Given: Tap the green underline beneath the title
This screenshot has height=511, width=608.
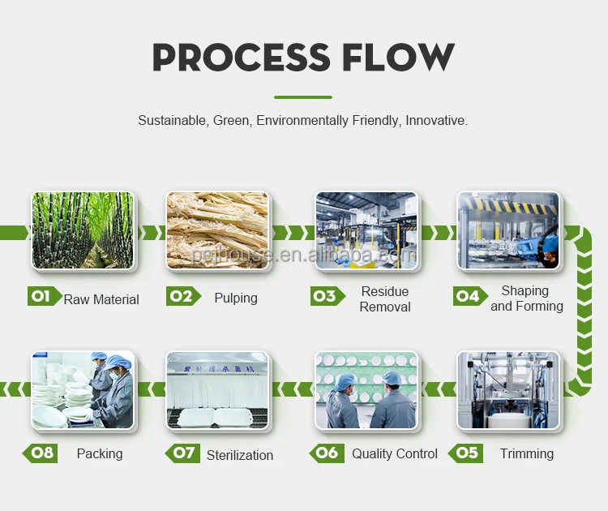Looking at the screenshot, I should (303, 97).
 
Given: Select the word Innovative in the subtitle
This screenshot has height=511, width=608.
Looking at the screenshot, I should (435, 120).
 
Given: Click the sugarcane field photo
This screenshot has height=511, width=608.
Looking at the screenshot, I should (83, 230).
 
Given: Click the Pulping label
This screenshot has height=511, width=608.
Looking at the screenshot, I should (236, 298).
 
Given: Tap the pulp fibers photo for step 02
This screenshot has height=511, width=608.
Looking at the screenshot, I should (217, 230).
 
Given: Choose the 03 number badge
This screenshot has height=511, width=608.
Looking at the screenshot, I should (325, 296).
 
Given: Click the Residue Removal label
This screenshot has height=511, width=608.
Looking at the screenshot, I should (385, 298).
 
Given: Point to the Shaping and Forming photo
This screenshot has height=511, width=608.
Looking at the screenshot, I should (508, 230).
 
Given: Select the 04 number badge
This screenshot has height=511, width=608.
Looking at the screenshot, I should (469, 296).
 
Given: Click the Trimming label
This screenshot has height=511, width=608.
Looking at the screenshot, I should (527, 453).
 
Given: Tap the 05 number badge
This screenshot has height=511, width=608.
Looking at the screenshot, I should (468, 453).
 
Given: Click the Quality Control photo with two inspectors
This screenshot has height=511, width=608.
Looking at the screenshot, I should (366, 390).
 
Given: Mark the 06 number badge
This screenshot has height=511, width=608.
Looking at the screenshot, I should (326, 453).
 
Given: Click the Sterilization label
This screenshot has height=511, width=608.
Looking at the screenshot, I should (240, 455).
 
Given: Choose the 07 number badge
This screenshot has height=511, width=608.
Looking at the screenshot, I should (183, 453).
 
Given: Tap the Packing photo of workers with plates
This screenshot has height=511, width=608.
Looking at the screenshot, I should (83, 390).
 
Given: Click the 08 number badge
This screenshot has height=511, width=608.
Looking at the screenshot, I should (41, 453).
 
